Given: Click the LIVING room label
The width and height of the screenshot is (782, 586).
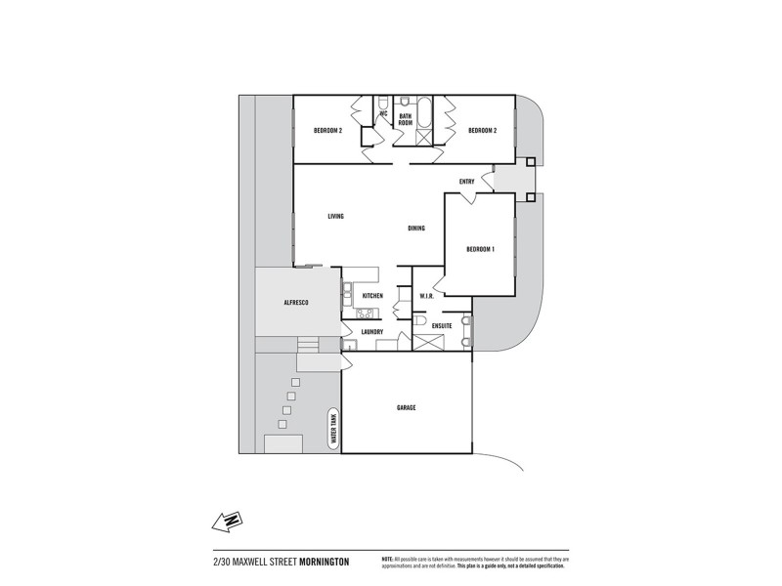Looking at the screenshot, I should point(336,216).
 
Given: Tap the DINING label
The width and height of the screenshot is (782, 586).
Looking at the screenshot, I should point(416,229).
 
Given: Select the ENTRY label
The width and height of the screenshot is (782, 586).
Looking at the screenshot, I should point(466,182).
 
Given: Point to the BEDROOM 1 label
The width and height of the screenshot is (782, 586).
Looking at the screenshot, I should point(480,249).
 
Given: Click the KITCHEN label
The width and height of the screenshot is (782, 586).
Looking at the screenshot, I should point(372,296).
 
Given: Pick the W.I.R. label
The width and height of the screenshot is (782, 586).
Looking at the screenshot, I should point(427,296).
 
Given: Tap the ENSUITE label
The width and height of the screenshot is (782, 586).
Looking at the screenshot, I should point(442,325).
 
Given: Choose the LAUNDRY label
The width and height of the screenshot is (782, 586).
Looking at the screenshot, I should point(371,332).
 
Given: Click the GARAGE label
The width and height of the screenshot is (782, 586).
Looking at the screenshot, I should point(407,407).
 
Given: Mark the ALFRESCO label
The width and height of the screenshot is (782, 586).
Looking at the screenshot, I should point(296,304).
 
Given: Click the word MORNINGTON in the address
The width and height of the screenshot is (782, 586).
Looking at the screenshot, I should point(324,562).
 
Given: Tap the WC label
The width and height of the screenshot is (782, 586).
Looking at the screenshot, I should point(384,114).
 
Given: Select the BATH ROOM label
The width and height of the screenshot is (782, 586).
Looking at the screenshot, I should point(405,119).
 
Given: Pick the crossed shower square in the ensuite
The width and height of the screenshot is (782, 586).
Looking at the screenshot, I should point(428,343).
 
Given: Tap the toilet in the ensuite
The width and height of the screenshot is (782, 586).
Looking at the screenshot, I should point(420,319).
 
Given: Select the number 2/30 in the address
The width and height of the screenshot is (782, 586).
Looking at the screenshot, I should point(222,562).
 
